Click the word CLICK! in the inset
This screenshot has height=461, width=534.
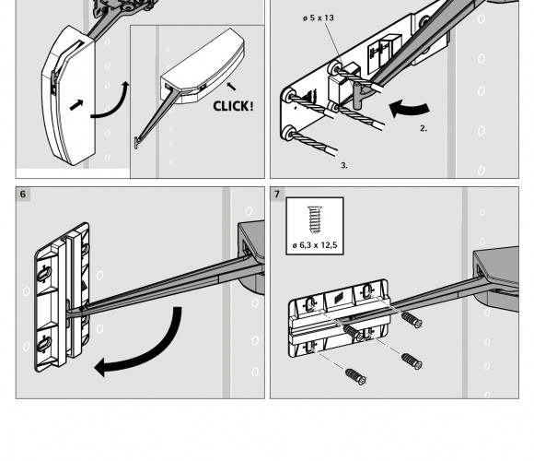click(x=233, y=106)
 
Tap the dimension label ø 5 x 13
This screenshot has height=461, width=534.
click(x=318, y=18)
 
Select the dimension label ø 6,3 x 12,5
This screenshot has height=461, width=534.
click(x=315, y=245)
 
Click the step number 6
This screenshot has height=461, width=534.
click(x=23, y=194)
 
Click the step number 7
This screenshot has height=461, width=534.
click(x=277, y=194)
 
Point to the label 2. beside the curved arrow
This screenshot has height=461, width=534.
click(x=424, y=128)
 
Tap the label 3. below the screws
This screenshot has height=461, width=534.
click(x=344, y=165)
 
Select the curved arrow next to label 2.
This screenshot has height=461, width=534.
click(x=409, y=108)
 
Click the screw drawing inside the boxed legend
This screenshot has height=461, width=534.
click(x=314, y=219)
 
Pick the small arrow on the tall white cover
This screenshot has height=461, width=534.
click(x=75, y=105)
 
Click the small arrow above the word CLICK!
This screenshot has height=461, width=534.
click(x=231, y=87)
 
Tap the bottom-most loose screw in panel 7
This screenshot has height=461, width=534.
click(x=355, y=376)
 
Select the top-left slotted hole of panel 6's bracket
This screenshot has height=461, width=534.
click(x=44, y=274)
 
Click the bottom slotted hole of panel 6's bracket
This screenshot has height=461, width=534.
click(x=43, y=343)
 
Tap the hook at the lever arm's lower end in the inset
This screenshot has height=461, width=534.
click(x=137, y=143)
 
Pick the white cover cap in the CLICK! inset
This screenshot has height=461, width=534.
click(x=203, y=65)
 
